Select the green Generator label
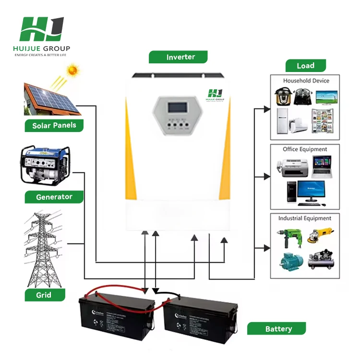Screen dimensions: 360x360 pyautogui.click(x=54, y=197)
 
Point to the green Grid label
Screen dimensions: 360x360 pyautogui.click(x=45, y=294)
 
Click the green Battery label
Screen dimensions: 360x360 pyautogui.click(x=278, y=329)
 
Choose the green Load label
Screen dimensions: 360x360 pyautogui.click(x=305, y=66)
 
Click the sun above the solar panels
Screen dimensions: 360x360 pyautogui.click(x=72, y=71)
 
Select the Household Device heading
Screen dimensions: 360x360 pyautogui.click(x=306, y=81)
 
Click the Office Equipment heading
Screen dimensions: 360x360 pyautogui.click(x=305, y=149)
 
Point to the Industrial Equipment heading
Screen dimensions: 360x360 pyautogui.click(x=305, y=218)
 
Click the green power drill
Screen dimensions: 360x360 pyautogui.click(x=287, y=236)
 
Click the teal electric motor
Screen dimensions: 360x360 pyautogui.click(x=292, y=260)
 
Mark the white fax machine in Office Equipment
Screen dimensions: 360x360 pyautogui.click(x=289, y=167)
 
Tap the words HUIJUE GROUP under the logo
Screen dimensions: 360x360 pyautogui.click(x=42, y=48)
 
